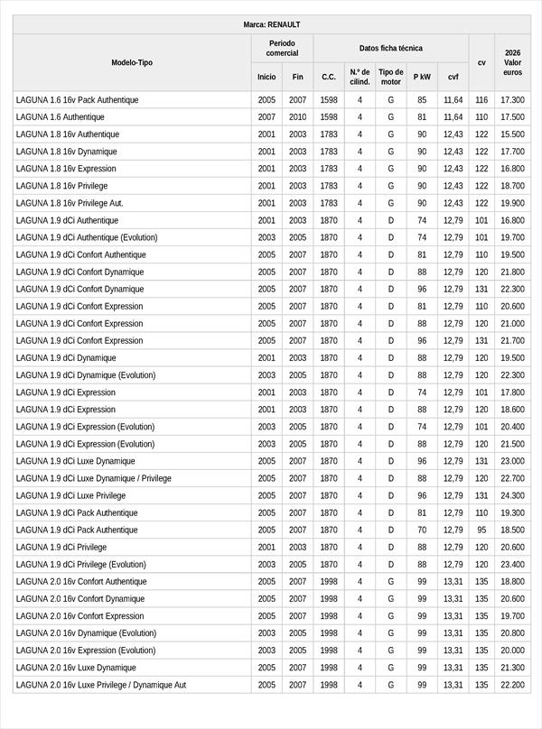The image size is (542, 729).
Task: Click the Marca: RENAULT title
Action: click(x=271, y=24)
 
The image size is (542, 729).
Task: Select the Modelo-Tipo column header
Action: click(x=132, y=62)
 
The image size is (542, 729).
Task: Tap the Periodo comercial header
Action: click(x=282, y=48)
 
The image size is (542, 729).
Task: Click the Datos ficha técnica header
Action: click(x=390, y=48)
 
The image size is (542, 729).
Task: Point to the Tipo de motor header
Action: click(x=391, y=77)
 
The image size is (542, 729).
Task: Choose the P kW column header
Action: click(x=422, y=77)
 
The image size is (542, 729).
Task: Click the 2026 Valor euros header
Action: click(x=513, y=62)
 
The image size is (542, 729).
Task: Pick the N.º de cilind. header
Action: click(x=360, y=77)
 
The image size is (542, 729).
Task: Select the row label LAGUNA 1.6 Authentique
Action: click(x=61, y=117)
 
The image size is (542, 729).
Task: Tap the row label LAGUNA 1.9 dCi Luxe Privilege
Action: click(x=70, y=495)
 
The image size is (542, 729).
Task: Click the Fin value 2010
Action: click(x=298, y=117)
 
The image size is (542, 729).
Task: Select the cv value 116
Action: click(x=481, y=100)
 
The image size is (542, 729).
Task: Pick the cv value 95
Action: click(x=481, y=530)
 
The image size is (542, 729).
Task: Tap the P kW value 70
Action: click(x=422, y=530)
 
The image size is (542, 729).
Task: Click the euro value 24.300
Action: click(x=513, y=495)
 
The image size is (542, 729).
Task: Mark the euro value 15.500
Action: click(x=513, y=134)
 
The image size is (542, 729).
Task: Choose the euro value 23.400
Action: click(x=513, y=564)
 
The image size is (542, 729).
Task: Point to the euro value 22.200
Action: click(x=513, y=685)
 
